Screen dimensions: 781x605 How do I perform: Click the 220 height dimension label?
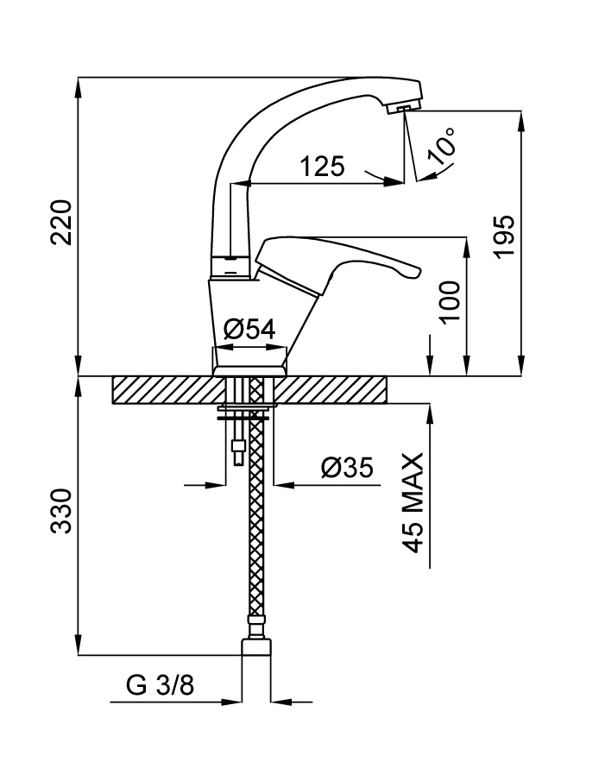(60, 223)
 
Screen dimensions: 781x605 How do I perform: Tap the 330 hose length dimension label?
(60, 512)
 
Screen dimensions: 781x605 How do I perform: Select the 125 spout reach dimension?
(322, 167)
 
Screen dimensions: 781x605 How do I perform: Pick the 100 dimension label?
(448, 301)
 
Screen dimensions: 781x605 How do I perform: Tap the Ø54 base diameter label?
(249, 329)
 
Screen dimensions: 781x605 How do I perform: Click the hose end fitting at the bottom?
(255, 647)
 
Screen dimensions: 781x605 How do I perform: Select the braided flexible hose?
(255, 518)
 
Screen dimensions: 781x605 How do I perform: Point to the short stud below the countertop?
(236, 450)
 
